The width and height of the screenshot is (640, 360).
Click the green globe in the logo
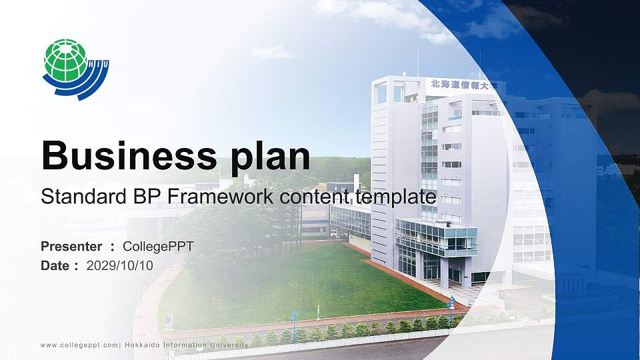pyautogui.click(x=65, y=61)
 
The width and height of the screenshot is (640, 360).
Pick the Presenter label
pyautogui.click(x=71, y=247)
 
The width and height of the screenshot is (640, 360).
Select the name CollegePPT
pyautogui.click(x=158, y=247)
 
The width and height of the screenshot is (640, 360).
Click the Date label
pyautogui.click(x=55, y=265)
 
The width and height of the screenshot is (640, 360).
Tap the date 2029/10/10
pyautogui.click(x=120, y=265)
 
